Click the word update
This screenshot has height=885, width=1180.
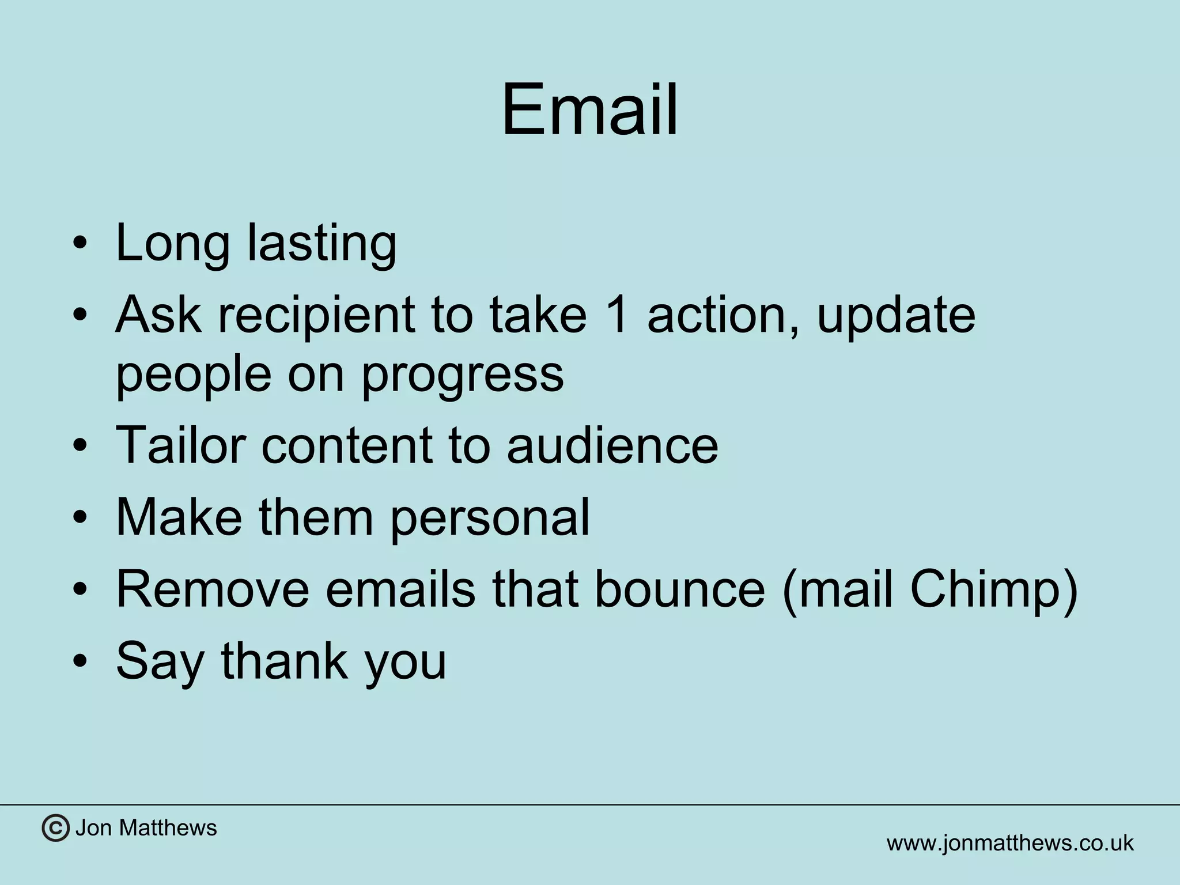pos(896,316)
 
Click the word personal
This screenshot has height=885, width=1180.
pos(490,518)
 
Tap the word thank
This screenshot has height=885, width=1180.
pos(285,661)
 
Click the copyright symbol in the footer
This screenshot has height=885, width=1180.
pos(55,828)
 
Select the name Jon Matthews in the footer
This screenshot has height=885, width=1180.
pos(146,828)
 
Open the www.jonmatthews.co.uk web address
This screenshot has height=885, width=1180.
pos(1010,843)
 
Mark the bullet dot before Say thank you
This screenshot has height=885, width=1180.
pos(81,661)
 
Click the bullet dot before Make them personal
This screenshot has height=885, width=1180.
pos(81,517)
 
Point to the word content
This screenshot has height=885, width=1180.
pos(346,444)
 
